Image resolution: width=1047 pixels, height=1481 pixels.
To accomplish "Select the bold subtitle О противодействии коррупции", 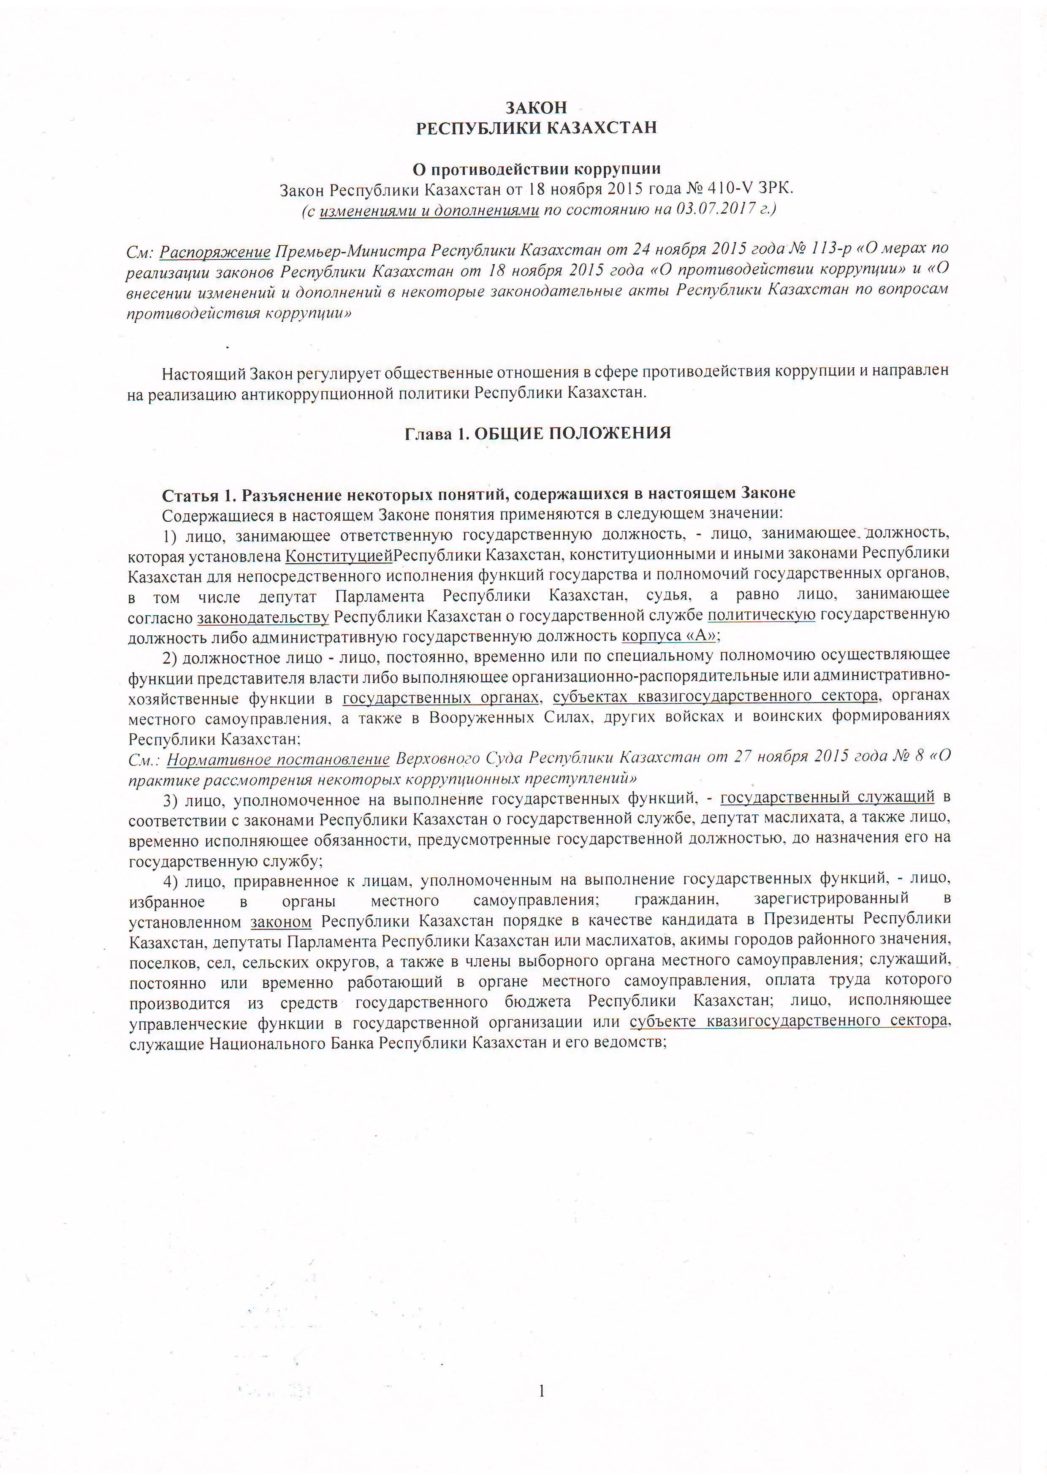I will pos(536,169).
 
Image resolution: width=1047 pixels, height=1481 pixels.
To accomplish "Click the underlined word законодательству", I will pos(263,617).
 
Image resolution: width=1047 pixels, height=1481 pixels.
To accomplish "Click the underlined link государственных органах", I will pos(440,697).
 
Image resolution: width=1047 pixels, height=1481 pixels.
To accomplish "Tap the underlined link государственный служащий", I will pos(827,798).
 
